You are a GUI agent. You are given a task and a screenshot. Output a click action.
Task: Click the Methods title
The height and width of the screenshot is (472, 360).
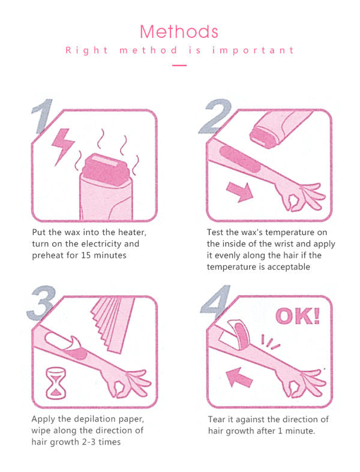click(x=179, y=31)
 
